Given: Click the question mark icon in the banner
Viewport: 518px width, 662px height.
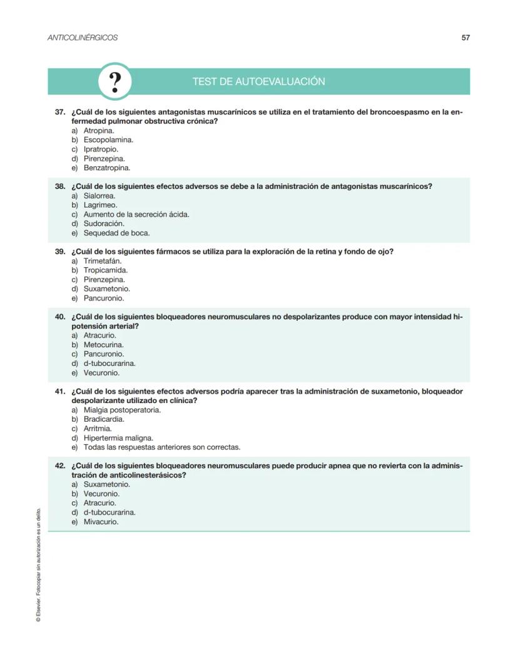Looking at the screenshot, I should pyautogui.click(x=115, y=81).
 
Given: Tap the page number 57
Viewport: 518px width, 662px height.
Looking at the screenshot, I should pyautogui.click(x=465, y=38).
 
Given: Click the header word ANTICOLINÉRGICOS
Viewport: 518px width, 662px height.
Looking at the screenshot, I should pyautogui.click(x=83, y=38).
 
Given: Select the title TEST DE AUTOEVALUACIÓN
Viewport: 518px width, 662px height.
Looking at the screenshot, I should pyautogui.click(x=258, y=82).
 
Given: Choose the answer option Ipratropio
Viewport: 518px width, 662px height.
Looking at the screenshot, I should pyautogui.click(x=100, y=150).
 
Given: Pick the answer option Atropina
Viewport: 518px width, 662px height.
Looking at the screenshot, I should pyautogui.click(x=98, y=131).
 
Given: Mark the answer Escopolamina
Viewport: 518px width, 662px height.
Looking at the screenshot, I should pyautogui.click(x=108, y=140).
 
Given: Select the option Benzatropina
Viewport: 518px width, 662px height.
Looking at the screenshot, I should pyautogui.click(x=106, y=168).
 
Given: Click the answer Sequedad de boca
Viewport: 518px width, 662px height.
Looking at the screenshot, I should pyautogui.click(x=116, y=233).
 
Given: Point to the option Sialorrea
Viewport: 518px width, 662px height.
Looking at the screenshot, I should pyautogui.click(x=99, y=196).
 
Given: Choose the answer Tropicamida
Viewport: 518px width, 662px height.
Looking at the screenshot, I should pyautogui.click(x=105, y=270).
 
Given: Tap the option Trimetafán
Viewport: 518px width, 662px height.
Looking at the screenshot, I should pyautogui.click(x=103, y=261).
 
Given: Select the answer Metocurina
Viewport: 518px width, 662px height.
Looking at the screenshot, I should pyautogui.click(x=103, y=345).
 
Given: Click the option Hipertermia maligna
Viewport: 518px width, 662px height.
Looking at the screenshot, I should pyautogui.click(x=118, y=438).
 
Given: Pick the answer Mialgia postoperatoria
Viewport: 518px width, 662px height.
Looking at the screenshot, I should pyautogui.click(x=122, y=410).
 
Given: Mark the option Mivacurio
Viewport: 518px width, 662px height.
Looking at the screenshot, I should pyautogui.click(x=101, y=522).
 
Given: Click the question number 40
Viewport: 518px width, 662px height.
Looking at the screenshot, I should pyautogui.click(x=60, y=317).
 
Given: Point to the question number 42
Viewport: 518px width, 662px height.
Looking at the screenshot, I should pyautogui.click(x=60, y=466).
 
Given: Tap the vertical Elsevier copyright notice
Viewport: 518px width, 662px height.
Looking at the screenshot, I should pyautogui.click(x=38, y=563).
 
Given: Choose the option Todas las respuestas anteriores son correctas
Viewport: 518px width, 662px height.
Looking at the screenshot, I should pyautogui.click(x=161, y=447).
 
